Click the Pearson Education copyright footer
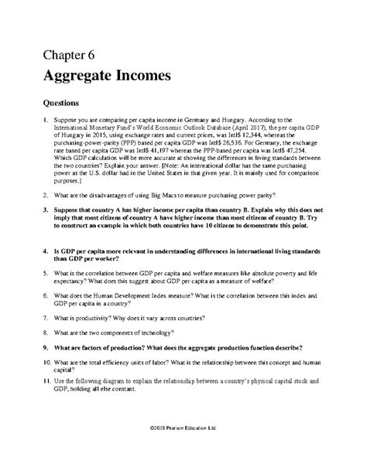click(183, 449)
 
